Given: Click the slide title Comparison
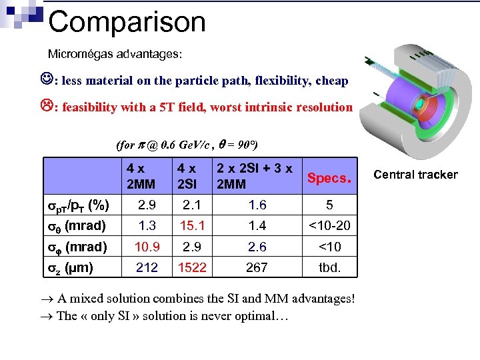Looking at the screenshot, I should (x=127, y=22).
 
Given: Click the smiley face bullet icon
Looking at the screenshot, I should (x=47, y=80).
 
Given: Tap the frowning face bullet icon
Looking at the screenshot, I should (x=47, y=107).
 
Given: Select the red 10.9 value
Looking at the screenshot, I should (x=147, y=247).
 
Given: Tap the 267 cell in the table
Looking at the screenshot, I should (x=257, y=267).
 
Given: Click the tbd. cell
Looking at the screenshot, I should (x=329, y=267).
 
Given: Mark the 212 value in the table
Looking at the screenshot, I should (x=147, y=267).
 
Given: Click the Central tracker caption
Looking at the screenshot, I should (x=415, y=175).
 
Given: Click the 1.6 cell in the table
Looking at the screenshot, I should (x=257, y=204).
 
